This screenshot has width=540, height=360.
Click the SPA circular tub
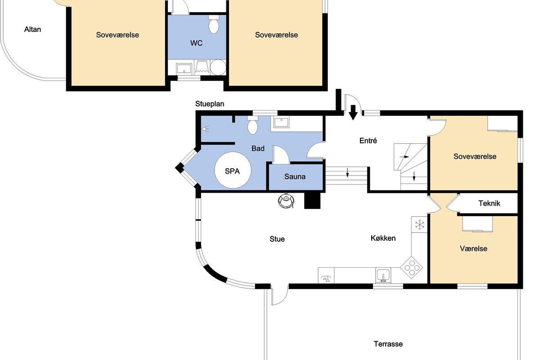point(233,170)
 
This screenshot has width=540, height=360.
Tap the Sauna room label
point(295,176)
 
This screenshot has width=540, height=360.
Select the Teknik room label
point(489,203)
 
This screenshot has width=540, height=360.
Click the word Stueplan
point(210,104)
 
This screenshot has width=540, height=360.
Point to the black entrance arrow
point(353,112)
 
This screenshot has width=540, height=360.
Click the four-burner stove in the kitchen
point(411,267)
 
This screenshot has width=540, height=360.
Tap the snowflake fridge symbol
point(419,225)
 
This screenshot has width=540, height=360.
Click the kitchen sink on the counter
point(383,275)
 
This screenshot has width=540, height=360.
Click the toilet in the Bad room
point(252,125)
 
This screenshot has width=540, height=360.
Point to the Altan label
point(32,29)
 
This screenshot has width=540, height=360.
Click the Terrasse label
point(388,344)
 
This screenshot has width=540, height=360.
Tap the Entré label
point(368,140)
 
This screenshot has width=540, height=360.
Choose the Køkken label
point(383,238)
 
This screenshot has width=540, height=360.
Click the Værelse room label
point(473,248)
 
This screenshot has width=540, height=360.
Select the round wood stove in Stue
point(286,200)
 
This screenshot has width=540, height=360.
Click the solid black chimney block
point(312,201)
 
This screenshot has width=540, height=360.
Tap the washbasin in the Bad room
point(281,122)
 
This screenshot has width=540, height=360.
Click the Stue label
point(277,239)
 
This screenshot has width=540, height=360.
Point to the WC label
point(196,43)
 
